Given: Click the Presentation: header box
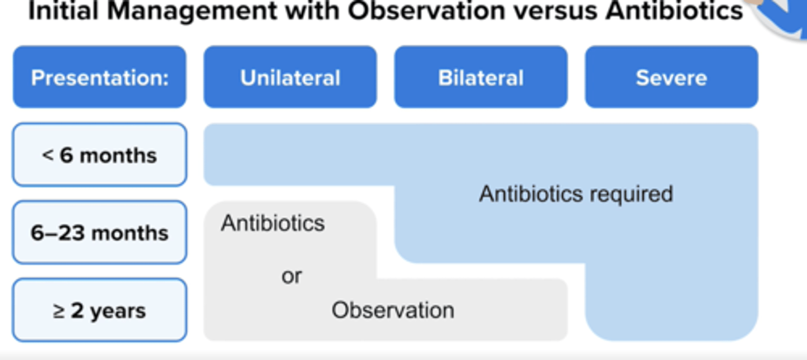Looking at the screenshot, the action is [x=99, y=77].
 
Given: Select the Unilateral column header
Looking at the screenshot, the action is [x=290, y=77].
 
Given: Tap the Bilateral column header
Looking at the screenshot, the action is [x=481, y=77].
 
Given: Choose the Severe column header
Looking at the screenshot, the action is [x=671, y=77].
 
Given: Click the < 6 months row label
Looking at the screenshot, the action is [x=99, y=155].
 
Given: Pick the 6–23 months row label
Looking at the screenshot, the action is [x=99, y=233].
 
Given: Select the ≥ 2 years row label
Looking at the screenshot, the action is [x=99, y=310].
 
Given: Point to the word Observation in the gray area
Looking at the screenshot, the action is [x=393, y=310].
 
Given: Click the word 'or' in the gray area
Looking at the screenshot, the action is [x=291, y=276].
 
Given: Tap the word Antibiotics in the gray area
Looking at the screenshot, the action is [x=273, y=223].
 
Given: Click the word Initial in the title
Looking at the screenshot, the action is [x=63, y=11].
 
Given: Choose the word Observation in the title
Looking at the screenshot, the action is [x=426, y=11].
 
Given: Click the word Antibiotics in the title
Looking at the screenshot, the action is [x=674, y=11].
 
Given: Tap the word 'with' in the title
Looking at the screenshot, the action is [x=312, y=11].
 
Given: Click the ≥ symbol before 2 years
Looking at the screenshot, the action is [x=59, y=311].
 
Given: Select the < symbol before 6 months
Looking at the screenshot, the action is [x=48, y=155].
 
